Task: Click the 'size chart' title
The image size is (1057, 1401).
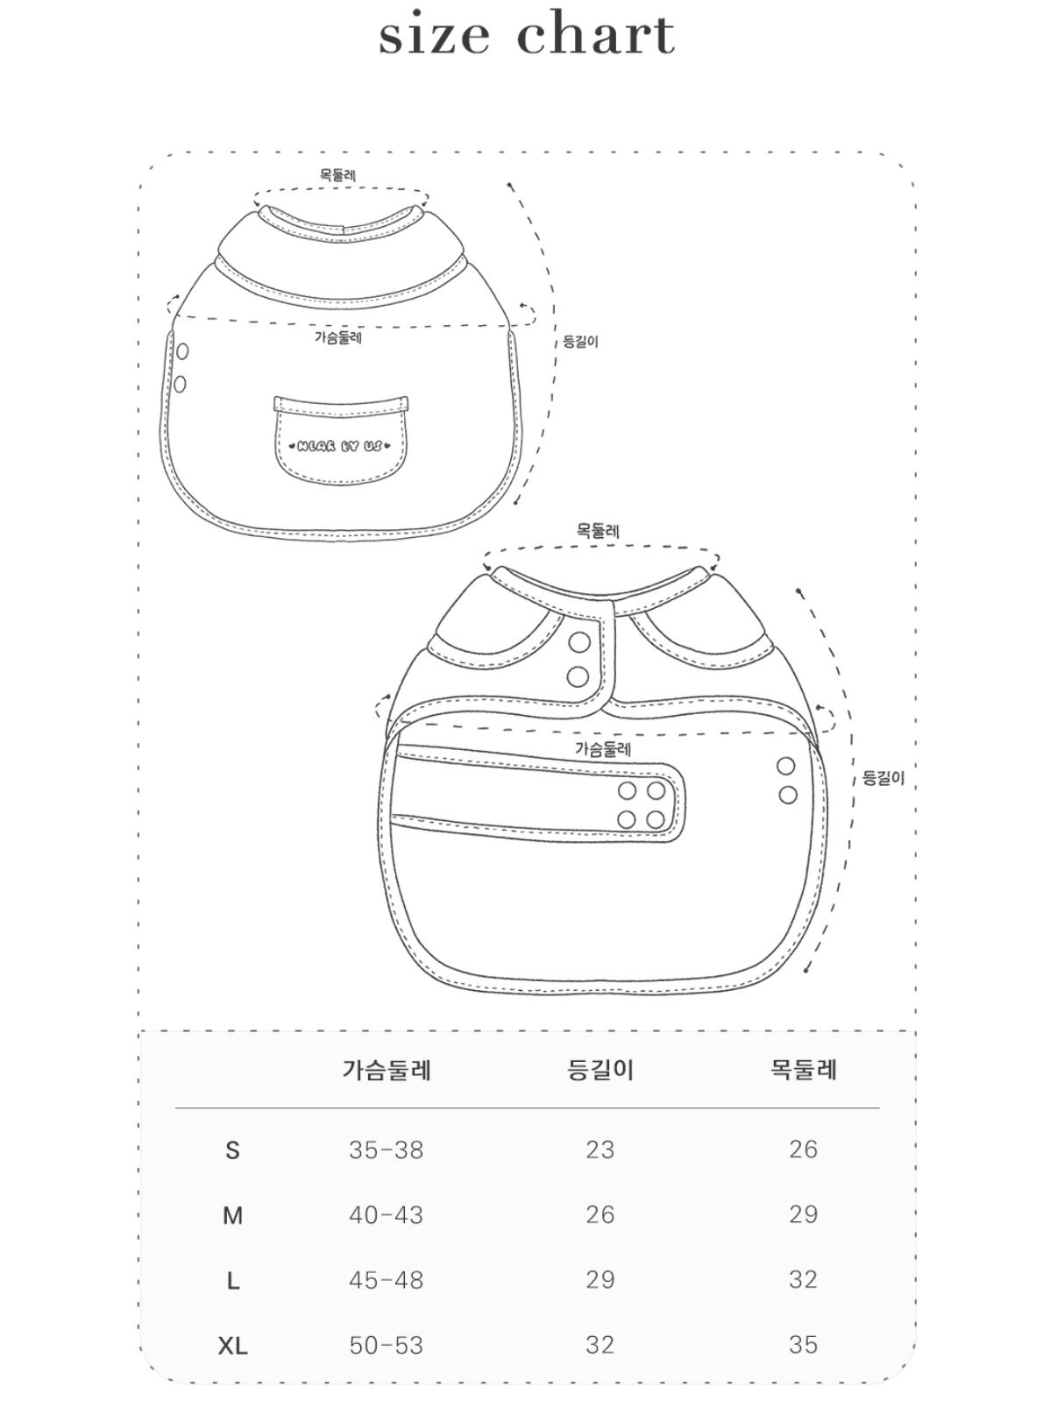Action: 527,35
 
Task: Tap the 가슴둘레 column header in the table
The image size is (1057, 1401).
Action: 387,1070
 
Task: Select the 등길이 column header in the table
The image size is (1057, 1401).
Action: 600,1070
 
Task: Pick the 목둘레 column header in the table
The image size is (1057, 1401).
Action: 804,1070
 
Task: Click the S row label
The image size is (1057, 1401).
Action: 232,1150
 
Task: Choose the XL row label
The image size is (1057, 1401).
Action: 232,1346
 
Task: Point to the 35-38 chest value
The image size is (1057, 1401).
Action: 387,1150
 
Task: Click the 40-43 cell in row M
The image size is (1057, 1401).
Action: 387,1215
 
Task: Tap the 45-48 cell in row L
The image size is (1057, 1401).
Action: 387,1280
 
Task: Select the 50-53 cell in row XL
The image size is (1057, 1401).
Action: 387,1345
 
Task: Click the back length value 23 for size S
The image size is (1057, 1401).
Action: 600,1150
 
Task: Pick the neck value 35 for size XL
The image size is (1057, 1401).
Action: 804,1345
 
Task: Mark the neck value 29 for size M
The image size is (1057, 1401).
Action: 804,1215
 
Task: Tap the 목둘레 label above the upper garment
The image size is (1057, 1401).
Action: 338,175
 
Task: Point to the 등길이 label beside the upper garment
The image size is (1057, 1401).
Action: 580,342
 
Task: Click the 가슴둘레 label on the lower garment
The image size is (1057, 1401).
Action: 603,749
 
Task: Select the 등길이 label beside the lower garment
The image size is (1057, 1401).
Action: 883,778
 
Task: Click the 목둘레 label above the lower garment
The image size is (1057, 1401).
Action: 598,530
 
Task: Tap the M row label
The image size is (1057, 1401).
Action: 232,1216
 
